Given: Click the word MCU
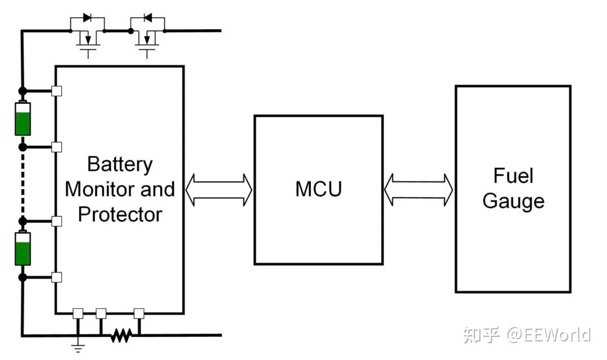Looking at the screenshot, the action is click(319, 189).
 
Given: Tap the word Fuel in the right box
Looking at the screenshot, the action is click(513, 176).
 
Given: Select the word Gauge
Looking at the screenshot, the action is click(513, 202).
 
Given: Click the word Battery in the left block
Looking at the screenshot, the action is click(120, 165).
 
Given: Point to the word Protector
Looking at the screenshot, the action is click(120, 215).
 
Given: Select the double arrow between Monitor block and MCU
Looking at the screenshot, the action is click(219, 190).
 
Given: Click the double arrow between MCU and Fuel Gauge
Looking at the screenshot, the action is click(419, 190).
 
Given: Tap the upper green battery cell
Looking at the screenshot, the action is click(23, 119).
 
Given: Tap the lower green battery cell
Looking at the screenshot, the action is click(23, 249).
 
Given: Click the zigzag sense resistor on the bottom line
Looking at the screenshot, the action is click(121, 336).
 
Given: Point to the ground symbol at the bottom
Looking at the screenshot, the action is click(78, 347).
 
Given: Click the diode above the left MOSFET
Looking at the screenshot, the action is click(87, 18).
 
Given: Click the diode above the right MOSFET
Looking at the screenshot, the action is click(147, 18).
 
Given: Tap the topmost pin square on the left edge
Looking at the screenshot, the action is click(57, 91).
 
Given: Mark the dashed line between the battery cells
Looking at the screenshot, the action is click(23, 184).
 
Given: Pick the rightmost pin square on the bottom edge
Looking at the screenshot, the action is click(139, 313).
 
